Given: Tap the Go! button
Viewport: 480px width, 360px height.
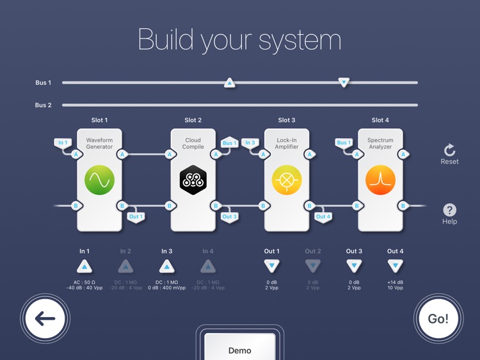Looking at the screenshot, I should pos(438,318).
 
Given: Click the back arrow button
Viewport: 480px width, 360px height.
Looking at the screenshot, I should pos(45,318).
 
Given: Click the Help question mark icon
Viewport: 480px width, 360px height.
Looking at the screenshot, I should pos(450,210).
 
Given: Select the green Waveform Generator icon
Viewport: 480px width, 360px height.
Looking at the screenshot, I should pos(99,180).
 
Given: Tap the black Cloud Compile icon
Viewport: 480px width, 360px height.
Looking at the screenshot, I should pos(193,180).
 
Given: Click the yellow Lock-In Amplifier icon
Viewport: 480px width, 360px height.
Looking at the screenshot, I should pos(287,180).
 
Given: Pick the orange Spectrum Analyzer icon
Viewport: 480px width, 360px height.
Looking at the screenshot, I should pos(380,180).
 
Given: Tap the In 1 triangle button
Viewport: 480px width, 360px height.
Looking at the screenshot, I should pos(84,266).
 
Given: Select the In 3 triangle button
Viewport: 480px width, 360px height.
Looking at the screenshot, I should pos(166,266).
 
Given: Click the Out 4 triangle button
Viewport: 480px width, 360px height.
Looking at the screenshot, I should pos(395,266).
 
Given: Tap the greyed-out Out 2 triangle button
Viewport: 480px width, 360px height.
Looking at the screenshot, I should pos(313,266).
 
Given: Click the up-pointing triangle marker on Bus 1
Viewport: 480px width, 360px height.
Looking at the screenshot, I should pos(230,83).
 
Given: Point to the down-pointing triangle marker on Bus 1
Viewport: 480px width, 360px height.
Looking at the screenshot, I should pos(344,83).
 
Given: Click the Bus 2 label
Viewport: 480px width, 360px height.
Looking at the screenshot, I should pos(44,105).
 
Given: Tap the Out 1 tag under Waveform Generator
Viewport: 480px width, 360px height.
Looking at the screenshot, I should pos(136,217).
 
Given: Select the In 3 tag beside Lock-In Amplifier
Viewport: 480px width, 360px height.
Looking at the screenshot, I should pos(250,143).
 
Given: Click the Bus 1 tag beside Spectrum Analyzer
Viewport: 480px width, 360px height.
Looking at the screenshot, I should pos(344,143).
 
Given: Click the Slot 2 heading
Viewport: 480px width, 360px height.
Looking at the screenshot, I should pos(193,120).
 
